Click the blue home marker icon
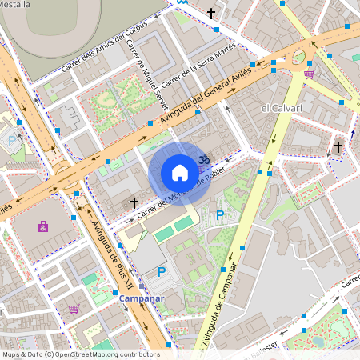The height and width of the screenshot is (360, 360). [x=180, y=172]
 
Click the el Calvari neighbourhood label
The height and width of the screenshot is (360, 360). [x=281, y=107]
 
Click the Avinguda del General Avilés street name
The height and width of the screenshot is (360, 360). [x=206, y=96]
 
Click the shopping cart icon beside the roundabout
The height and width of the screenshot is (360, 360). [x=309, y=74]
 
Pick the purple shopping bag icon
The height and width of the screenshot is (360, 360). [x=42, y=226]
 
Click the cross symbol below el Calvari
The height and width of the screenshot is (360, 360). [x=338, y=147]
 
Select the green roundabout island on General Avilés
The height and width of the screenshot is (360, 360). [x=298, y=58]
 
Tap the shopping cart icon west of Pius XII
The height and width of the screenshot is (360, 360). [x=74, y=308]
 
